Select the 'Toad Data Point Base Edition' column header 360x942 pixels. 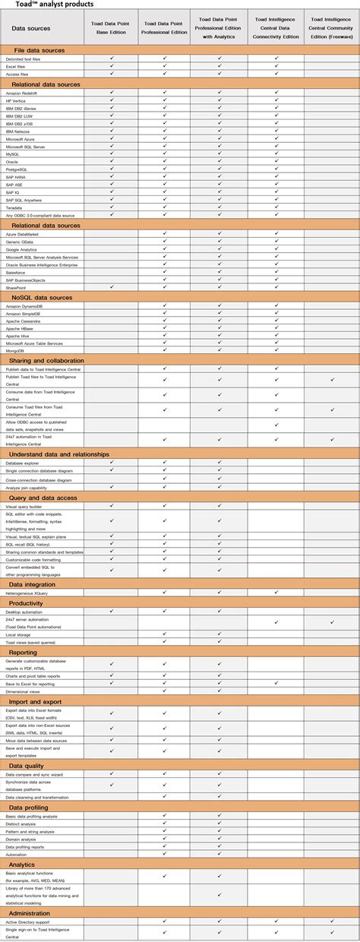click(x=111, y=28)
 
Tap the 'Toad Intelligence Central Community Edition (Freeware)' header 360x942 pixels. click(x=332, y=28)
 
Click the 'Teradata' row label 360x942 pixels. click(x=14, y=207)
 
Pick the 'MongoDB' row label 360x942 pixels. click(x=14, y=352)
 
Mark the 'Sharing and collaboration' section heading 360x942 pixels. click(x=47, y=360)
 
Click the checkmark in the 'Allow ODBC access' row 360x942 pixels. click(x=276, y=425)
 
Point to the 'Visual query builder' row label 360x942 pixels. click(x=24, y=505)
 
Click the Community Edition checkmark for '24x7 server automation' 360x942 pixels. click(x=332, y=622)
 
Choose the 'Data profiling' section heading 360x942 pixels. click(x=33, y=807)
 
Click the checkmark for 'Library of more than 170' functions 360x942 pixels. click(x=220, y=894)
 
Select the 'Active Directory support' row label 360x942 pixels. click(x=28, y=921)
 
